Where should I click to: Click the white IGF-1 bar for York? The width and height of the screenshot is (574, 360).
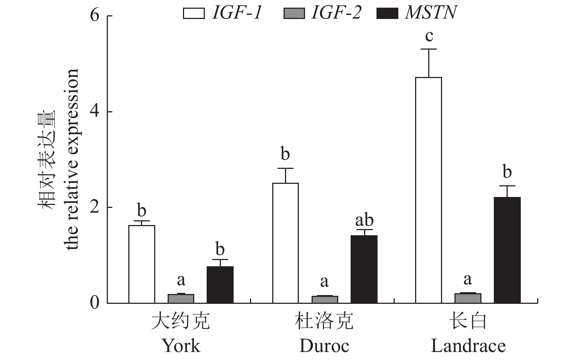point(142,264)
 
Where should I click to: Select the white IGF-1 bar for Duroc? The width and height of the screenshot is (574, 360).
point(285,243)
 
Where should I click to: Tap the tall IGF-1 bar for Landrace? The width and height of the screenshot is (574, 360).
point(429,190)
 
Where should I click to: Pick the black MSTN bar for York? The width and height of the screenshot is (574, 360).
point(220,284)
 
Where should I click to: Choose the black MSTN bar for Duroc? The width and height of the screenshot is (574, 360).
point(364,269)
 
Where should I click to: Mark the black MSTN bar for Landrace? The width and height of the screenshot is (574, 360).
point(507,250)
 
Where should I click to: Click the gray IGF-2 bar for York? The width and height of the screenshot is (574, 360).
point(181,298)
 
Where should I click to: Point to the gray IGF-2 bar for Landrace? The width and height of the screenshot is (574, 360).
point(468,298)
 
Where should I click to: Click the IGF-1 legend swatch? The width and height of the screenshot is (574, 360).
point(194,14)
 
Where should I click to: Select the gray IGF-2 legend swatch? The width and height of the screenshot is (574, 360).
point(294,14)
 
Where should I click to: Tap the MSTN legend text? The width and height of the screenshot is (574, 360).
point(431,13)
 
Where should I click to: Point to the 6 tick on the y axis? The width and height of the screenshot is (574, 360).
point(95,16)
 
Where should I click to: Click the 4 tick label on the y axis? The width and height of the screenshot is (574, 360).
point(95,112)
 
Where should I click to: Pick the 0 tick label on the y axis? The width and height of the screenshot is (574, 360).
point(95,303)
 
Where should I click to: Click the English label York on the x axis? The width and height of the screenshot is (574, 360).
point(181,346)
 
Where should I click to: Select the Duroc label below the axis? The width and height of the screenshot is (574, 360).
point(324,346)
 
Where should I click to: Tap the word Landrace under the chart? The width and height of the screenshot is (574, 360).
point(468,346)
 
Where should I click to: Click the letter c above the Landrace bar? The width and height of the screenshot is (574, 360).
point(429,36)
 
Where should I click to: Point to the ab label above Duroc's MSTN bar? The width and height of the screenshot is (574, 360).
point(364,220)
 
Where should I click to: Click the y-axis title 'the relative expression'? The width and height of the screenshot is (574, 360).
point(72,159)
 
